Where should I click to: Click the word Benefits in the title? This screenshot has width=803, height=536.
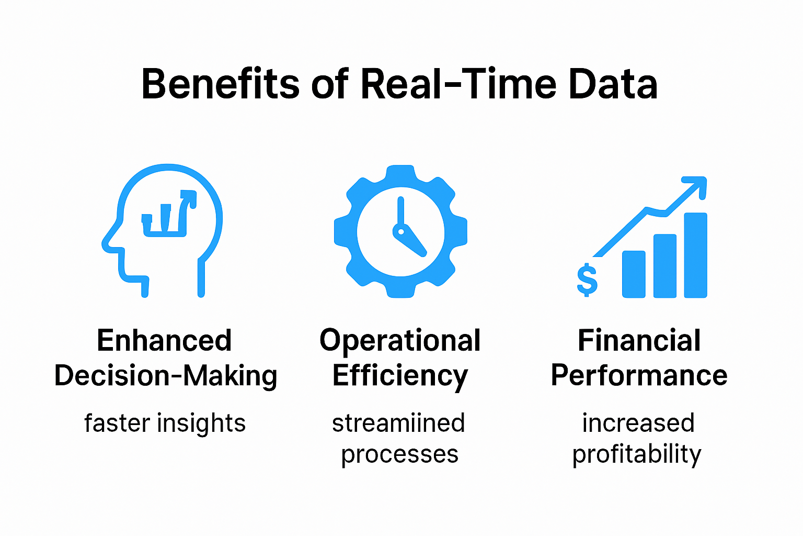click(220, 84)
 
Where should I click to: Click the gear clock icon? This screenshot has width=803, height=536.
click(400, 231)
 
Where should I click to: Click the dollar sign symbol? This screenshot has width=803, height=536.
click(587, 280)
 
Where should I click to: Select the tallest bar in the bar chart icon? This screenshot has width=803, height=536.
click(695, 255)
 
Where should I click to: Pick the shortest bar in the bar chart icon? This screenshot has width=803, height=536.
click(634, 274)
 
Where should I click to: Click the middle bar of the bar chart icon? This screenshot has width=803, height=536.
click(665, 265)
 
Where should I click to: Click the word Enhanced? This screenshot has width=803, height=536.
click(164, 341)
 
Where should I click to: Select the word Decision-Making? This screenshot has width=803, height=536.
click(166, 376)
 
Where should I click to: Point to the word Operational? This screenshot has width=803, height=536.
click(400, 341)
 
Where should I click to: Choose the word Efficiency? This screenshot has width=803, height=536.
click(400, 376)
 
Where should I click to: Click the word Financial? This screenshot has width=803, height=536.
click(639, 341)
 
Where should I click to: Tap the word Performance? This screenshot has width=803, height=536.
click(639, 376)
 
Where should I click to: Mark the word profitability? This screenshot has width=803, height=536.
click(637, 454)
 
